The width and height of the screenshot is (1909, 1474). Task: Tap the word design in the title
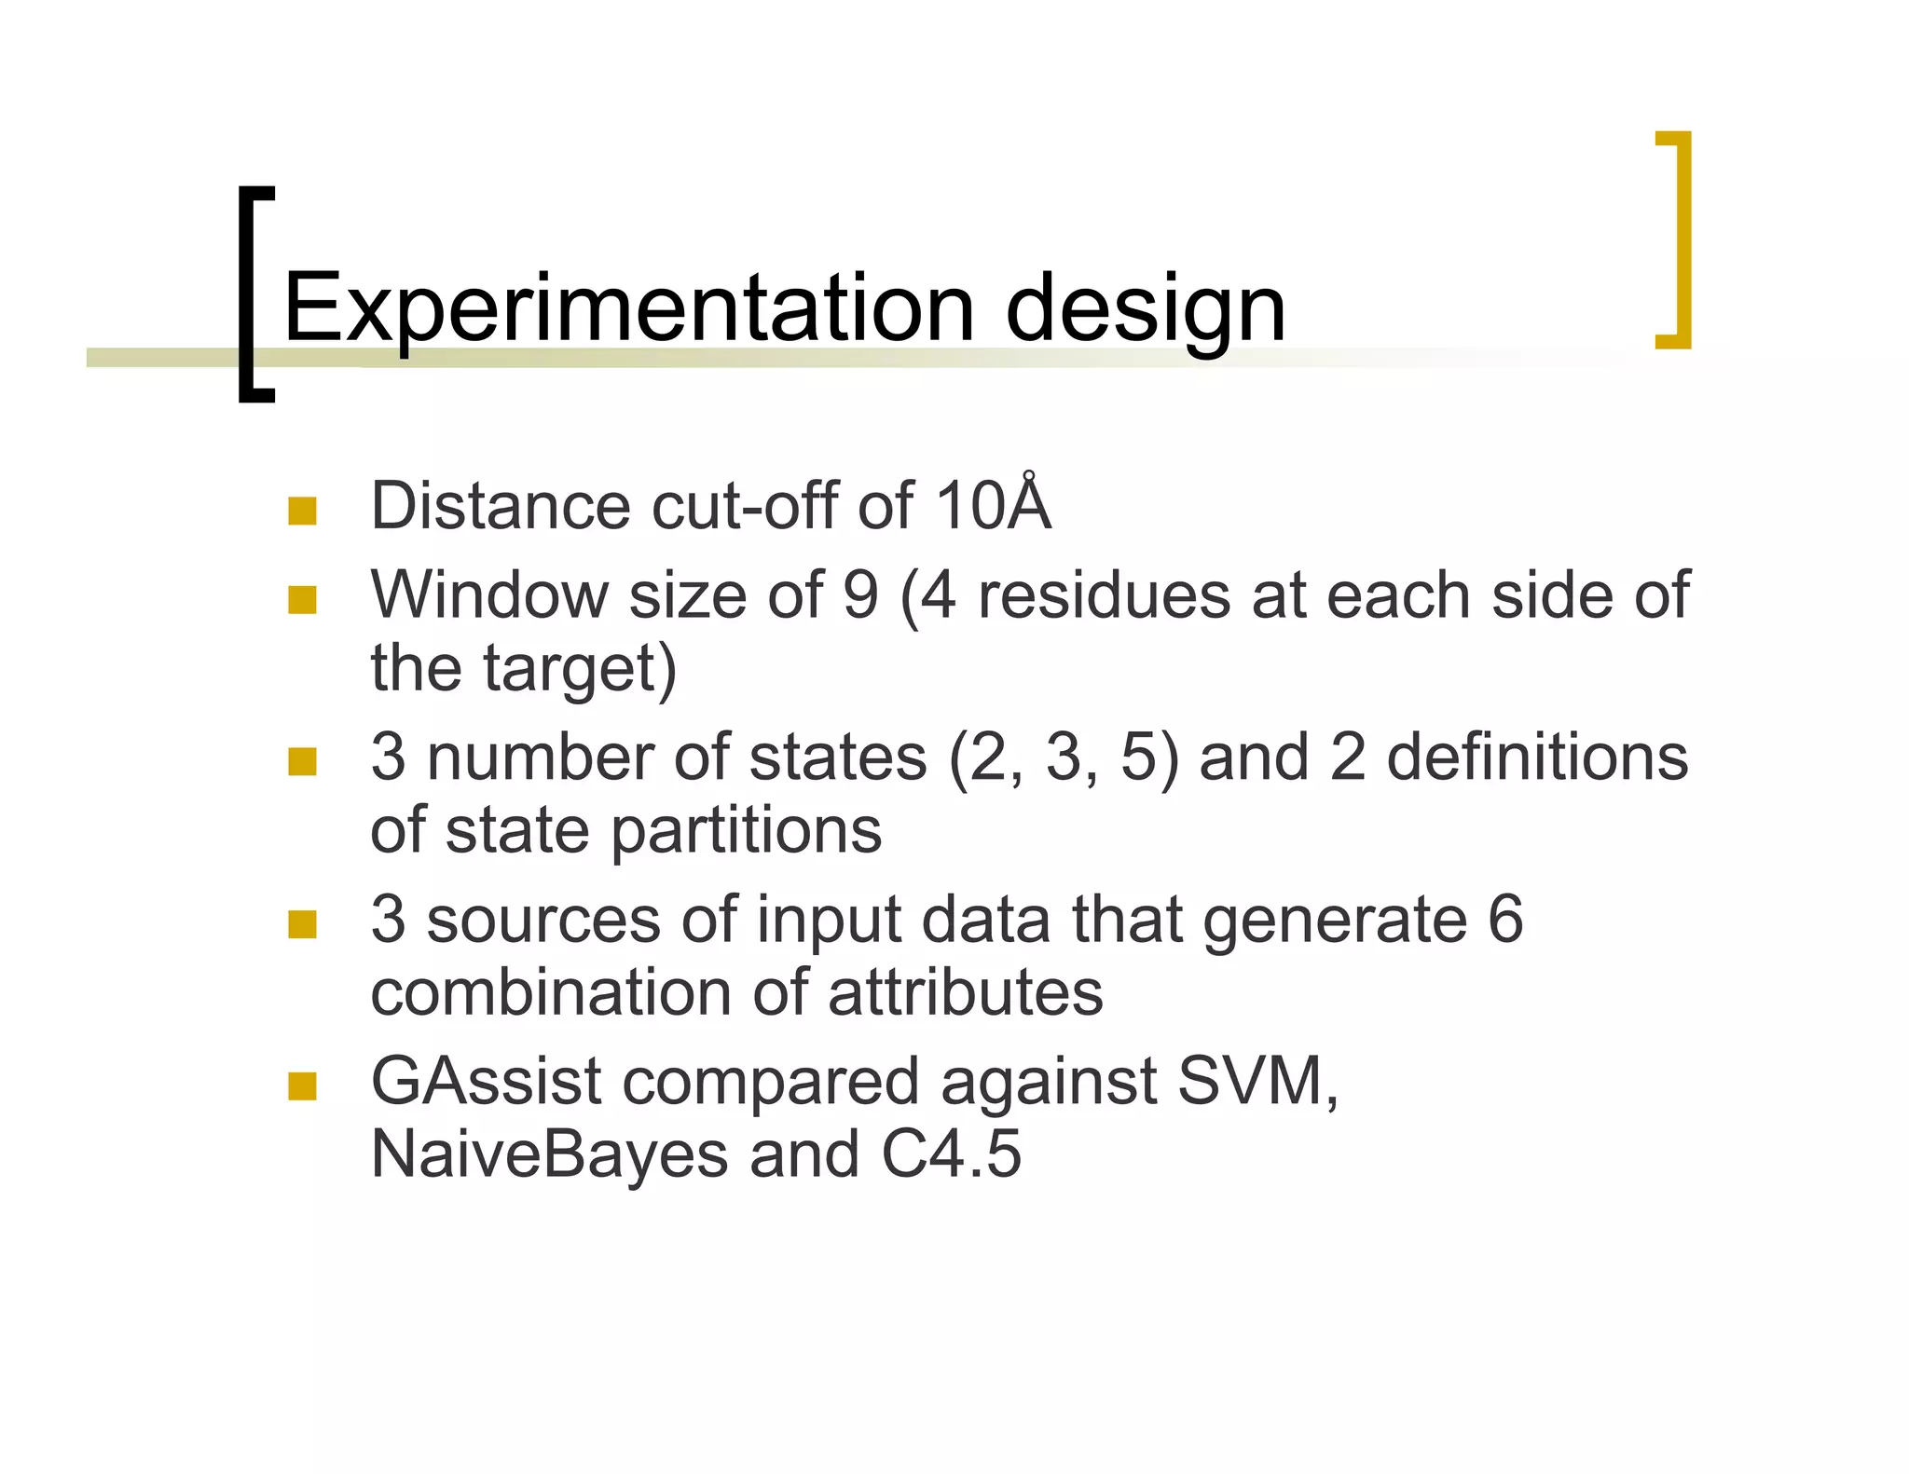1146,309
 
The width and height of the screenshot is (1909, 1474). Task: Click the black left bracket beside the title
250,293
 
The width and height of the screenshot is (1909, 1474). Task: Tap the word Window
488,594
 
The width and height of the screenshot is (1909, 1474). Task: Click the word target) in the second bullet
579,668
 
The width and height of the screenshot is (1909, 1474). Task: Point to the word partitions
747,829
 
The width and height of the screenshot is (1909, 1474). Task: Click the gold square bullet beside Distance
302,511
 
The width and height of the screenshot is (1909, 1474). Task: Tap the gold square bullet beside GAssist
302,1085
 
